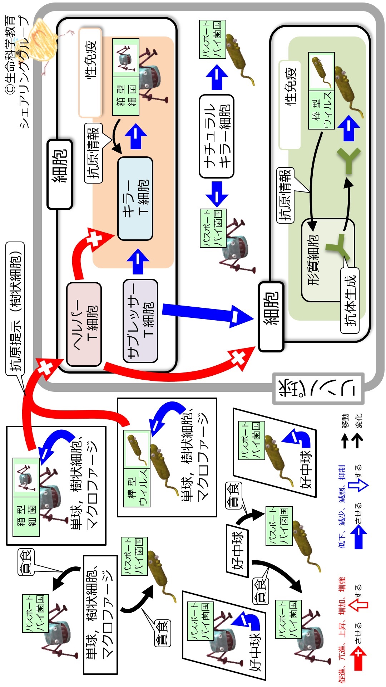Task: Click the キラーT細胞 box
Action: pyautogui.click(x=135, y=199)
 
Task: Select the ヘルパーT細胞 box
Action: pyautogui.click(x=84, y=324)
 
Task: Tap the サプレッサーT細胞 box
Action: pyautogui.click(x=140, y=321)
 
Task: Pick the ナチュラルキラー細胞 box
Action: pyautogui.click(x=217, y=136)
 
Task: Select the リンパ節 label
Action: pyautogui.click(x=318, y=389)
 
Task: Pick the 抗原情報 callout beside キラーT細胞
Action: pyautogui.click(x=94, y=153)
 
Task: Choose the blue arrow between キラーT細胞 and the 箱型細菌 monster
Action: pyautogui.click(x=136, y=136)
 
